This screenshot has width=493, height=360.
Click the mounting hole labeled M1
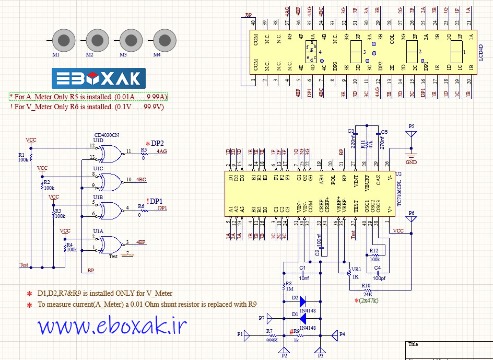click(64, 40)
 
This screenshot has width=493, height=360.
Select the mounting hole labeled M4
click(165, 40)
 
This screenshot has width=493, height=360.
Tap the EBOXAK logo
click(98, 78)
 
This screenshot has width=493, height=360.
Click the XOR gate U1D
click(109, 153)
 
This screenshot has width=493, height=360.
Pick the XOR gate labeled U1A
click(109, 243)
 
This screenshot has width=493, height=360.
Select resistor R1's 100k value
click(23, 160)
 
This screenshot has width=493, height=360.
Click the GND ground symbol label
click(411, 162)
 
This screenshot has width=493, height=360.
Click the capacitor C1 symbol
click(302, 273)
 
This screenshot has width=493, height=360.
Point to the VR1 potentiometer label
click(356, 269)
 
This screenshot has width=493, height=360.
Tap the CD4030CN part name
click(106, 135)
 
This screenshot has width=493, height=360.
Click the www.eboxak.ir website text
click(112, 326)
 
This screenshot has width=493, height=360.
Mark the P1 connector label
click(240, 334)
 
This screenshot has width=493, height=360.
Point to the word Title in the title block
click(413, 344)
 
